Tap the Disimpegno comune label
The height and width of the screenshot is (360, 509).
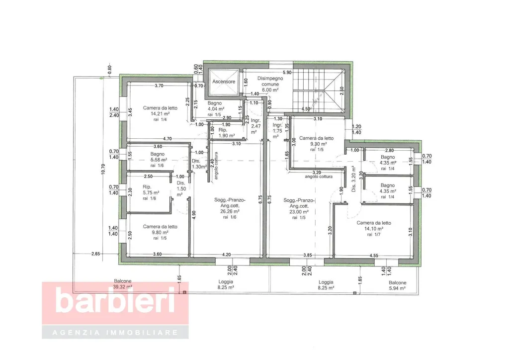(x=270, y=81)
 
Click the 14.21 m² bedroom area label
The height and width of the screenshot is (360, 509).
(x=160, y=114)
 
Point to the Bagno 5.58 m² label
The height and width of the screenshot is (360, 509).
(x=158, y=157)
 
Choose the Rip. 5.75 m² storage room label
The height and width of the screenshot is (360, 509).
(x=151, y=189)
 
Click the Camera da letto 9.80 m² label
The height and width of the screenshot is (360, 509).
(x=160, y=230)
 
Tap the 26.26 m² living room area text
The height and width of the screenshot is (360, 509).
(x=230, y=211)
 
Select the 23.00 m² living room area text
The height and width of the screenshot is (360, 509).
(x=299, y=212)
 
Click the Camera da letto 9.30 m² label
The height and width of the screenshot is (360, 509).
(x=316, y=141)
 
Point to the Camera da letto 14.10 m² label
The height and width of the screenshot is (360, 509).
(x=374, y=226)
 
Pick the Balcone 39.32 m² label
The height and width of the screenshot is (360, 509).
(x=122, y=284)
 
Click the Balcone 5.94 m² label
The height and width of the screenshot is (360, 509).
(x=397, y=285)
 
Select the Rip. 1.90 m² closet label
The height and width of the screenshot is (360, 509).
(x=227, y=133)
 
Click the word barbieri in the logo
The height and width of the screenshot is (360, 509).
(x=115, y=301)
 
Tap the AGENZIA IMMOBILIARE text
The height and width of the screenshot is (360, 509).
(x=115, y=333)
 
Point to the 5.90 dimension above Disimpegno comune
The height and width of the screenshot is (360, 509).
(x=287, y=73)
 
